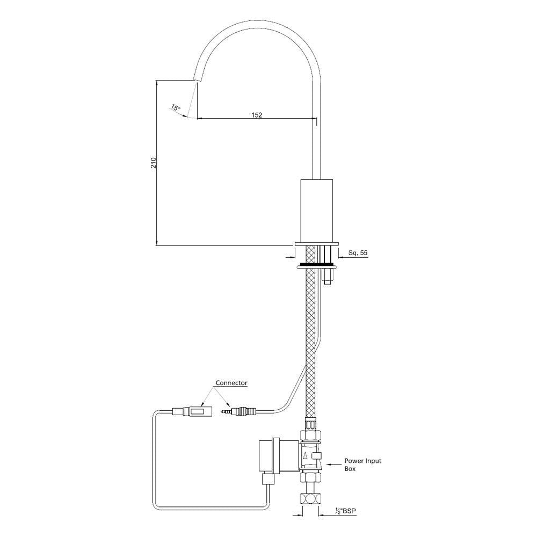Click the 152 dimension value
[x=256, y=114]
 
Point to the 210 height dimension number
[x=154, y=163]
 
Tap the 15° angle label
[x=176, y=108]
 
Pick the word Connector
[x=231, y=383]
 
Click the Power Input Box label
[x=362, y=465]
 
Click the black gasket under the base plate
[x=317, y=265]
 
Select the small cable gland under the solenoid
[x=268, y=479]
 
